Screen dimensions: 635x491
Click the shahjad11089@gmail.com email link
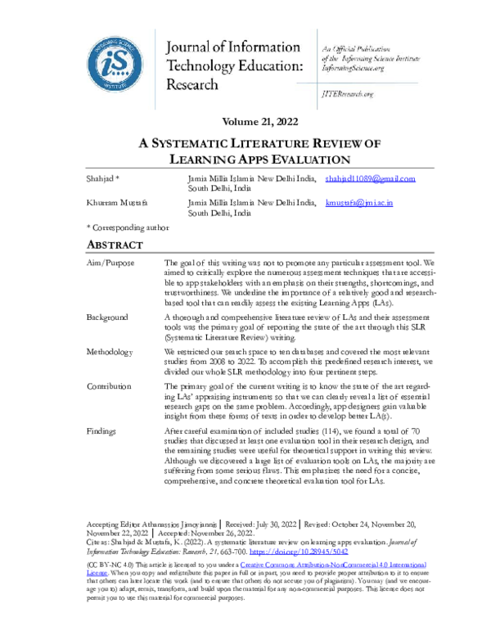point(370,178)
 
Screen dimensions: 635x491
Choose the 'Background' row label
point(106,317)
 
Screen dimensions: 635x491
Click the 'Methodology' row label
point(110,351)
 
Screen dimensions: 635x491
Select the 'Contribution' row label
point(109,385)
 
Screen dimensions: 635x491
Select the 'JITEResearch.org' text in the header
point(347,95)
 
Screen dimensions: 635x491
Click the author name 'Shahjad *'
point(103,178)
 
